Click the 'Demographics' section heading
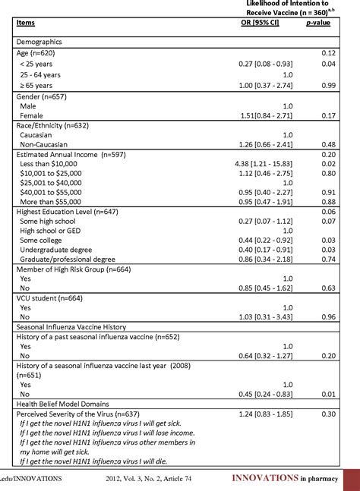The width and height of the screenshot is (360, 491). click(x=39, y=42)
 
